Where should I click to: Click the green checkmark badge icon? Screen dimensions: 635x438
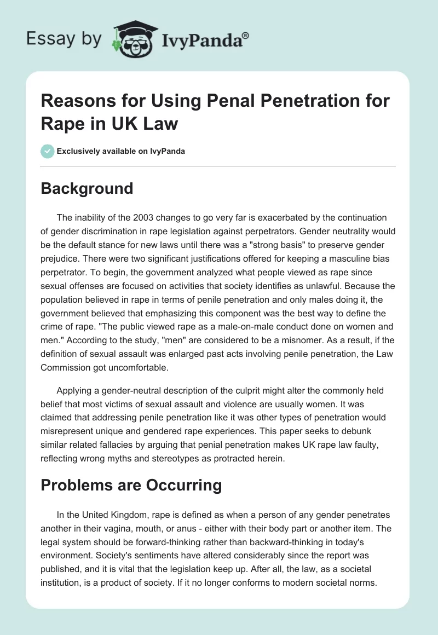tap(48, 151)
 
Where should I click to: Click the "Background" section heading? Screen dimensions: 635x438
tap(87, 188)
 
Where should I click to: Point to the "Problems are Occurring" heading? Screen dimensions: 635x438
tap(131, 486)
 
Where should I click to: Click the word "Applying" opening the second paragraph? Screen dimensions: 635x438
tap(74, 390)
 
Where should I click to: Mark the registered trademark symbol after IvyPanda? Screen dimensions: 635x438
tap(246, 35)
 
